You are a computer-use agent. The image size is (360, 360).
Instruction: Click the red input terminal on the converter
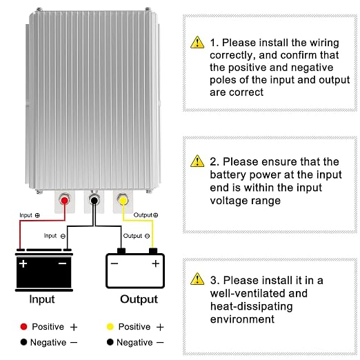[x=65, y=201]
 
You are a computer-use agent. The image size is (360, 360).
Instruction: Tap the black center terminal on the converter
[x=94, y=201]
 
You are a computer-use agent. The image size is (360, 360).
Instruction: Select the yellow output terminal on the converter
[x=123, y=201]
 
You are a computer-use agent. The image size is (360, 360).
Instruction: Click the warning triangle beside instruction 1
[x=197, y=42]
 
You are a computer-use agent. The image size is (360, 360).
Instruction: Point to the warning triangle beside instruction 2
[x=197, y=161]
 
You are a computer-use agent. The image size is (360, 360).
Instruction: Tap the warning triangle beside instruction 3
[x=197, y=279]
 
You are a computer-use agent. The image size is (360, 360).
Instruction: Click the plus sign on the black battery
[x=23, y=263]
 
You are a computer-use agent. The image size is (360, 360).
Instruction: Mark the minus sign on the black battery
[x=63, y=263]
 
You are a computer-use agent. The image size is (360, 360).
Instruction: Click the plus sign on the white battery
[x=156, y=263]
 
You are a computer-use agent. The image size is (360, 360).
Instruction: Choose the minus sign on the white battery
[x=114, y=263]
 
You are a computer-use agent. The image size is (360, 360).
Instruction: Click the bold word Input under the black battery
[x=42, y=300]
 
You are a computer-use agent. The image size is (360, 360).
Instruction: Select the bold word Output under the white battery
[x=139, y=300]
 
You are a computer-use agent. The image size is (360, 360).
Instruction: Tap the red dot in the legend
[x=23, y=326]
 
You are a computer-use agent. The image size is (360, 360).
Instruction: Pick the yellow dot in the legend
[x=110, y=326]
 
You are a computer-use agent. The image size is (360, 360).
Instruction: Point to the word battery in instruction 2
[x=228, y=175]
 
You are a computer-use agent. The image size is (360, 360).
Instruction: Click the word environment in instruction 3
[x=242, y=319]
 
